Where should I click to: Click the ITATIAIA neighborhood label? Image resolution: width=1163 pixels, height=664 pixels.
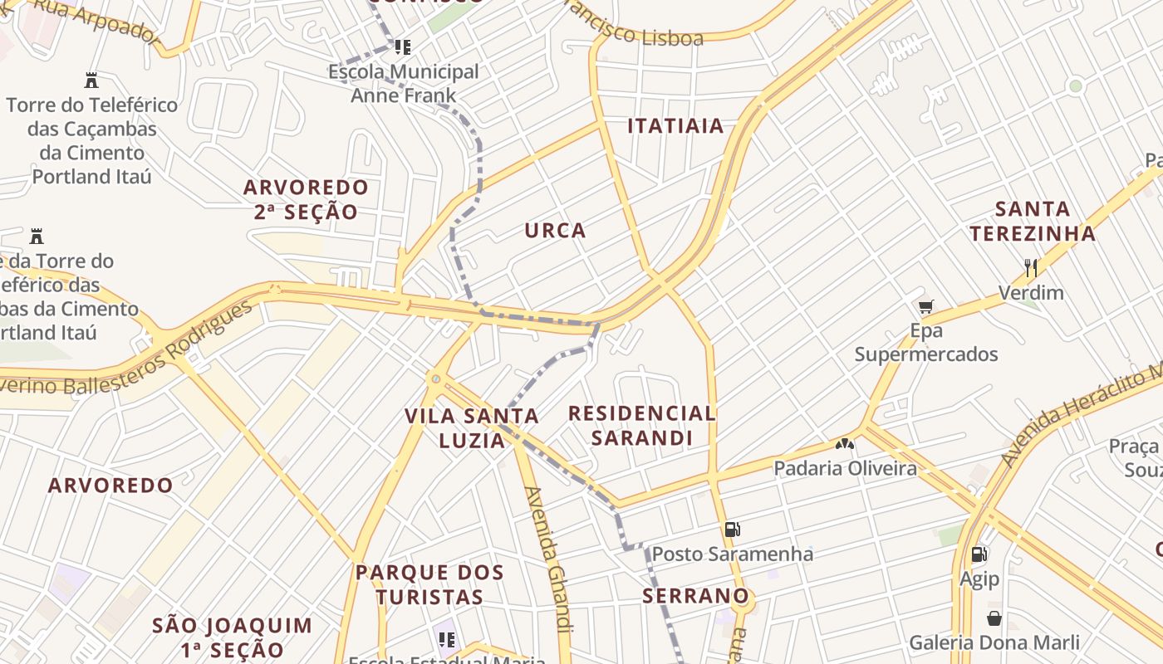tap(675, 126)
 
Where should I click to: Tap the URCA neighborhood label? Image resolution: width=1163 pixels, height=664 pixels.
tap(555, 231)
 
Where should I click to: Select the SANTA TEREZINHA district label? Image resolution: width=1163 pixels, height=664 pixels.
tap(1033, 221)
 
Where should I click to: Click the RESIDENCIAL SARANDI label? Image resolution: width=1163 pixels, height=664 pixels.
tap(641, 425)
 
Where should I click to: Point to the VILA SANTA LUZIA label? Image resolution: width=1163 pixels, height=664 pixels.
tap(472, 427)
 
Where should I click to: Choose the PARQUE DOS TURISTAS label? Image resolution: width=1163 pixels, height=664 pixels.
tap(429, 584)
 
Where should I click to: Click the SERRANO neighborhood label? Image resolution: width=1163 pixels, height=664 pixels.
tap(695, 596)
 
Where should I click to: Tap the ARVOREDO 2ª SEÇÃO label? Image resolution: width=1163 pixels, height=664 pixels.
tap(306, 199)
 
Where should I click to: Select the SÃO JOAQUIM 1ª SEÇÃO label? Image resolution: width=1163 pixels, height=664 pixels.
tap(233, 637)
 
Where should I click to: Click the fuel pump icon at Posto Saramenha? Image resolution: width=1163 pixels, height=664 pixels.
tap(732, 530)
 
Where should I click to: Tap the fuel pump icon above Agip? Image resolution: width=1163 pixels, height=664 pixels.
tap(979, 554)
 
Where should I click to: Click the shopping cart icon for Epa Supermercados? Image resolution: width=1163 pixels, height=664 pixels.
tap(926, 306)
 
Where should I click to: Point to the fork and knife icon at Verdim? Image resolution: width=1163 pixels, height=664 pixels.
tap(1031, 267)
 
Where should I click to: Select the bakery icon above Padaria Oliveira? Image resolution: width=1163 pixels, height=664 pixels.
tap(845, 444)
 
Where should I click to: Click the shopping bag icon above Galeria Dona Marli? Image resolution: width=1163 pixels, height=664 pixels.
tap(994, 618)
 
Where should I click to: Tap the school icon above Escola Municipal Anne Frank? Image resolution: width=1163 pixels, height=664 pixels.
tap(403, 47)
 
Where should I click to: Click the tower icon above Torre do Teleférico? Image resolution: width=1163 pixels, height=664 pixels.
tap(91, 81)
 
